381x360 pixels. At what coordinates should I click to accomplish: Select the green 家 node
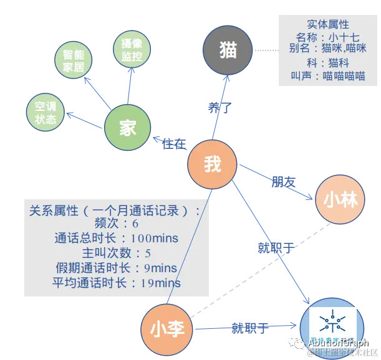click(x=128, y=127)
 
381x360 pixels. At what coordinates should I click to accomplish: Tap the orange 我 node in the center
click(x=213, y=164)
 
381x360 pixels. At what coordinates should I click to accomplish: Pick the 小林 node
click(x=340, y=199)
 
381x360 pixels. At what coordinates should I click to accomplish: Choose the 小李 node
click(x=166, y=329)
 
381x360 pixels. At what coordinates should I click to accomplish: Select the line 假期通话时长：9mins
click(x=116, y=268)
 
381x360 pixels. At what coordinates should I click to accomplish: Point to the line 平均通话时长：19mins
click(x=116, y=283)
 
